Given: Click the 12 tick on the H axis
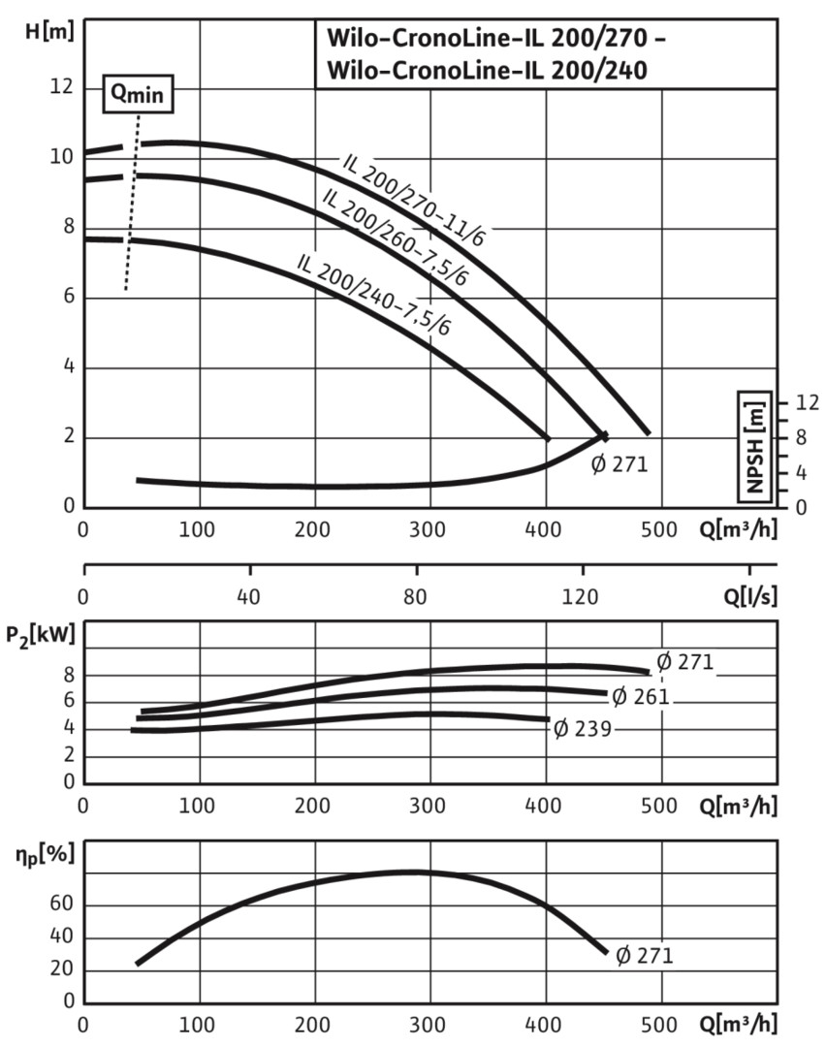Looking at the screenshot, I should pyautogui.click(x=61, y=87).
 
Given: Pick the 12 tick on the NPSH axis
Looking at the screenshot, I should pyautogui.click(x=807, y=402).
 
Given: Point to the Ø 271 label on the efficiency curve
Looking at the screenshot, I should pyautogui.click(x=644, y=955).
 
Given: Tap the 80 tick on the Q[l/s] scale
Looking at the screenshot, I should pyautogui.click(x=417, y=594).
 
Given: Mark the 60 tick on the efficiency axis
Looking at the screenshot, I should pyautogui.click(x=60, y=905).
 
